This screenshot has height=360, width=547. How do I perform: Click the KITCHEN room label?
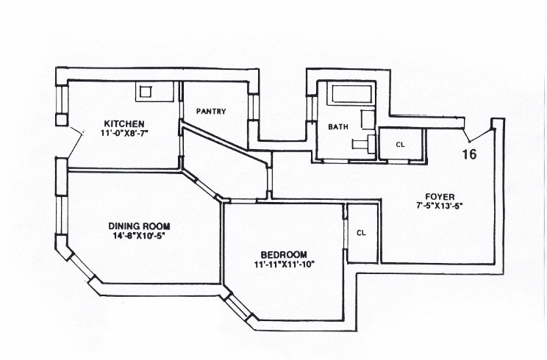pyautogui.click(x=124, y=123)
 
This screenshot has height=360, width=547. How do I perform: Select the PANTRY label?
pyautogui.click(x=211, y=112)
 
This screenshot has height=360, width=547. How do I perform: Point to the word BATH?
pyautogui.click(x=338, y=127)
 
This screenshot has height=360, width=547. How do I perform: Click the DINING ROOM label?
pyautogui.click(x=139, y=226)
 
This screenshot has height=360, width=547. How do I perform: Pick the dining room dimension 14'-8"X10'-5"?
pyautogui.click(x=138, y=236)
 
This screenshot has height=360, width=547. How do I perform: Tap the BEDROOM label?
pyautogui.click(x=284, y=255)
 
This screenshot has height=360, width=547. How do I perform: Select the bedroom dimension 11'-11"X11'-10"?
pyautogui.click(x=285, y=264)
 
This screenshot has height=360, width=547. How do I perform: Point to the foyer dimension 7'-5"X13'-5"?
pyautogui.click(x=439, y=206)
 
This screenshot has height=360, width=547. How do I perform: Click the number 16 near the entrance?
pyautogui.click(x=469, y=154)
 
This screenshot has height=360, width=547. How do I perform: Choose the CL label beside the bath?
pyautogui.click(x=401, y=144)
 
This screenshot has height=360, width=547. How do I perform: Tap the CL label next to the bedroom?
pyautogui.click(x=361, y=233)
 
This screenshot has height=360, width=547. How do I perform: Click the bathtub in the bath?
pyautogui.click(x=351, y=94)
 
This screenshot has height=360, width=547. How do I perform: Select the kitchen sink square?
pyautogui.click(x=146, y=92)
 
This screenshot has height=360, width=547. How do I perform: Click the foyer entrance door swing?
pyautogui.click(x=477, y=136)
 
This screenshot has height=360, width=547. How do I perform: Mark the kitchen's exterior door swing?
pyautogui.click(x=75, y=143)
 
